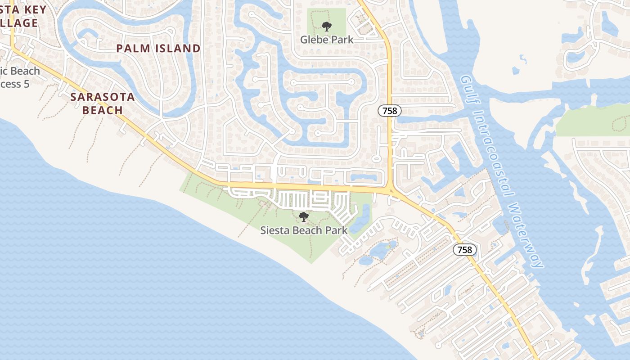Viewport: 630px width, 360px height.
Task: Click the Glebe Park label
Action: click(327, 40)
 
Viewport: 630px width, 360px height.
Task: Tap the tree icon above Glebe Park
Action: click(327, 27)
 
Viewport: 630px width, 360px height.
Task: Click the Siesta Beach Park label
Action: click(304, 230)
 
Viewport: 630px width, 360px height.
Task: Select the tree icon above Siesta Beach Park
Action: click(304, 217)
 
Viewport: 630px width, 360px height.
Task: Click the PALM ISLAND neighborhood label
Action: click(158, 49)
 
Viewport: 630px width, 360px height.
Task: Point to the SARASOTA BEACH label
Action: click(103, 103)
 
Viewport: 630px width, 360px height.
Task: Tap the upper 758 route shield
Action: click(390, 110)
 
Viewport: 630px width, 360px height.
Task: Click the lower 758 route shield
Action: click(464, 250)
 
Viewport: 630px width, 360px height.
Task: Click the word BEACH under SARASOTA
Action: click(103, 110)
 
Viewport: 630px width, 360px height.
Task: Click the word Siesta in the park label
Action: click(275, 230)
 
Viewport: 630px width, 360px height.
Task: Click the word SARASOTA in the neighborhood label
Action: click(103, 97)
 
